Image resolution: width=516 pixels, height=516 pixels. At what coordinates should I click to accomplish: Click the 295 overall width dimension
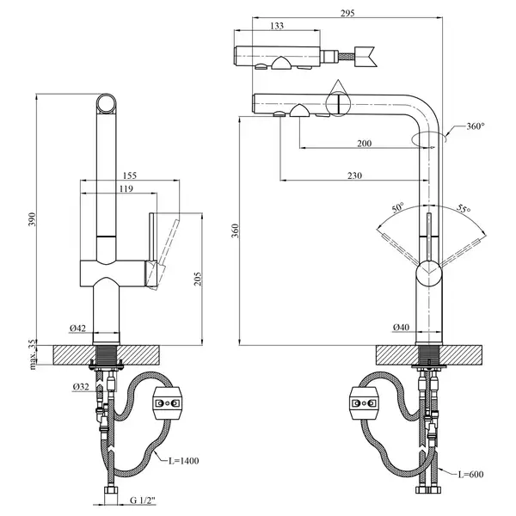pos(347,13)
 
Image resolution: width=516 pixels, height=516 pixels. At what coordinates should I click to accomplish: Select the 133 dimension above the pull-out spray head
pos(277,26)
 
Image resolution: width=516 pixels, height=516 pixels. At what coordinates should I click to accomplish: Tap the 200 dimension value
pos(365,144)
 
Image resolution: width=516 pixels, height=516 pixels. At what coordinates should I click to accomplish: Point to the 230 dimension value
pos(354,175)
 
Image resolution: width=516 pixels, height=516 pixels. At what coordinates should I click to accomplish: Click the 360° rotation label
pos(476,126)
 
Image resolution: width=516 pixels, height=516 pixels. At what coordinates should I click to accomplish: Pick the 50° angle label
pos(398,207)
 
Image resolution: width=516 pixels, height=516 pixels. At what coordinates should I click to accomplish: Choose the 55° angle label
pos(464,209)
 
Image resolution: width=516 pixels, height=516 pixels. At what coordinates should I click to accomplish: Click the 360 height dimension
pos(235,231)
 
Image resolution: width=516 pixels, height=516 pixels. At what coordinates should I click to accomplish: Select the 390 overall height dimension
pos(32,219)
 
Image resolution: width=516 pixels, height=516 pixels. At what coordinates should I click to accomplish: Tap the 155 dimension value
pos(129,175)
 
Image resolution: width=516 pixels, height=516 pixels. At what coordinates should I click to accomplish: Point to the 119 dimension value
pos(126,188)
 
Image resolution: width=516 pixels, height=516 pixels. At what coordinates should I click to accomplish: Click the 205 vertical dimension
pos(197,279)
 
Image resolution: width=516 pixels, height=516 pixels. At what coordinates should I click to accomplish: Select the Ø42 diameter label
pos(77,329)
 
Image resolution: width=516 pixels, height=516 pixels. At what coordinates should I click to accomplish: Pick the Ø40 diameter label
pos(401,327)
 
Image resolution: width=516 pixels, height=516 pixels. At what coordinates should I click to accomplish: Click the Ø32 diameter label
pos(81,387)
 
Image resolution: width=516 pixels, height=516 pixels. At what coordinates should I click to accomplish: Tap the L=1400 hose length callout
pos(184,461)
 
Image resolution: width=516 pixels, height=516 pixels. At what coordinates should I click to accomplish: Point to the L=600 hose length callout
pos(471,474)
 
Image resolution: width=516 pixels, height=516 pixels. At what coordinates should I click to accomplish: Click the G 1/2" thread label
pos(143,501)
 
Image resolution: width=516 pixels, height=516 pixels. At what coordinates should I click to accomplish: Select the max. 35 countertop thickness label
pos(33,354)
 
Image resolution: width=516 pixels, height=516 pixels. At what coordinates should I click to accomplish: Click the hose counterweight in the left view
pos(167,403)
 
